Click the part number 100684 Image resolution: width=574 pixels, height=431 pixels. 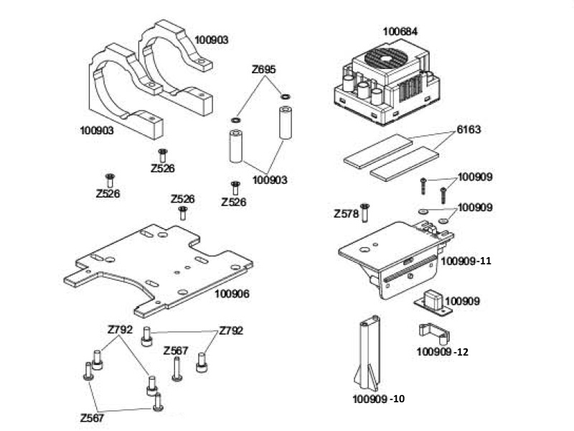400,32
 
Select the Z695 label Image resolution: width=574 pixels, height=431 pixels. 263,70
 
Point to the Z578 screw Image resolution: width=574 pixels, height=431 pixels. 364,211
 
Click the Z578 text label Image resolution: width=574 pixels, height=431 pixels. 346,214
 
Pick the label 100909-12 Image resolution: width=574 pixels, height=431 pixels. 443,352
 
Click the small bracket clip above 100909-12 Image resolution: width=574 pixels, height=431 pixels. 432,333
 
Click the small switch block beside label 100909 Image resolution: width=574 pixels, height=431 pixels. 433,299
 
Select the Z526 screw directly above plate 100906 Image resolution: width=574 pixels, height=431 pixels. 183,213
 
